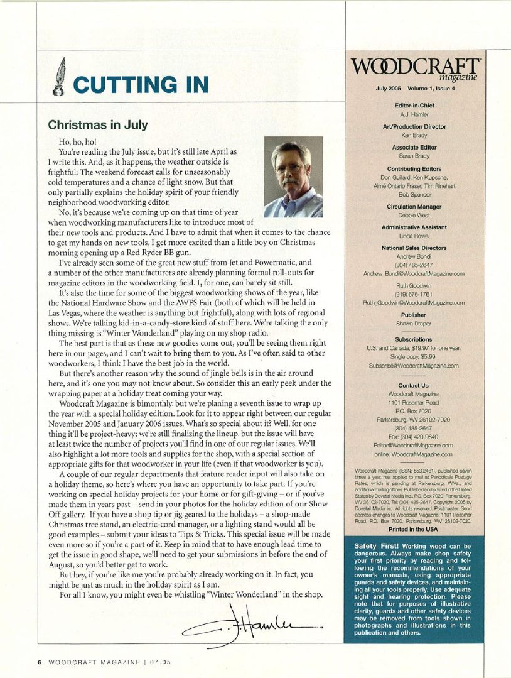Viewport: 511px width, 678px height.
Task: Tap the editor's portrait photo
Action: tap(294, 178)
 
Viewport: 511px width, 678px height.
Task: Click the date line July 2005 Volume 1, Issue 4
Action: tap(414, 89)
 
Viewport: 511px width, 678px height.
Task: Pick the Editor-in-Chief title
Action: tap(414, 106)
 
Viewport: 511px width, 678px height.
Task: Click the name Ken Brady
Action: tap(414, 135)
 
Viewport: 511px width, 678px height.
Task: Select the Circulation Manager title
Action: tap(414, 207)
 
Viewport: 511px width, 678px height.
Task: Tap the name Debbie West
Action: tap(414, 216)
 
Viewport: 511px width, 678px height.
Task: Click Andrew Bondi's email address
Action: tap(414, 274)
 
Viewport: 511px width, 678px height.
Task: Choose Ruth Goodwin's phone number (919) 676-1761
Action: tap(414, 293)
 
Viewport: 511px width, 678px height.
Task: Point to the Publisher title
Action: tap(414, 315)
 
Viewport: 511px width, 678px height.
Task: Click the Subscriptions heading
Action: tap(414, 339)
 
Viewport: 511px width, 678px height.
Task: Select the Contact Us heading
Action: tap(414, 385)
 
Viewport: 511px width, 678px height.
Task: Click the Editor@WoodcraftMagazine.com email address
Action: tap(414, 445)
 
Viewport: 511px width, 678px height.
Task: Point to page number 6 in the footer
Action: tap(39, 662)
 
